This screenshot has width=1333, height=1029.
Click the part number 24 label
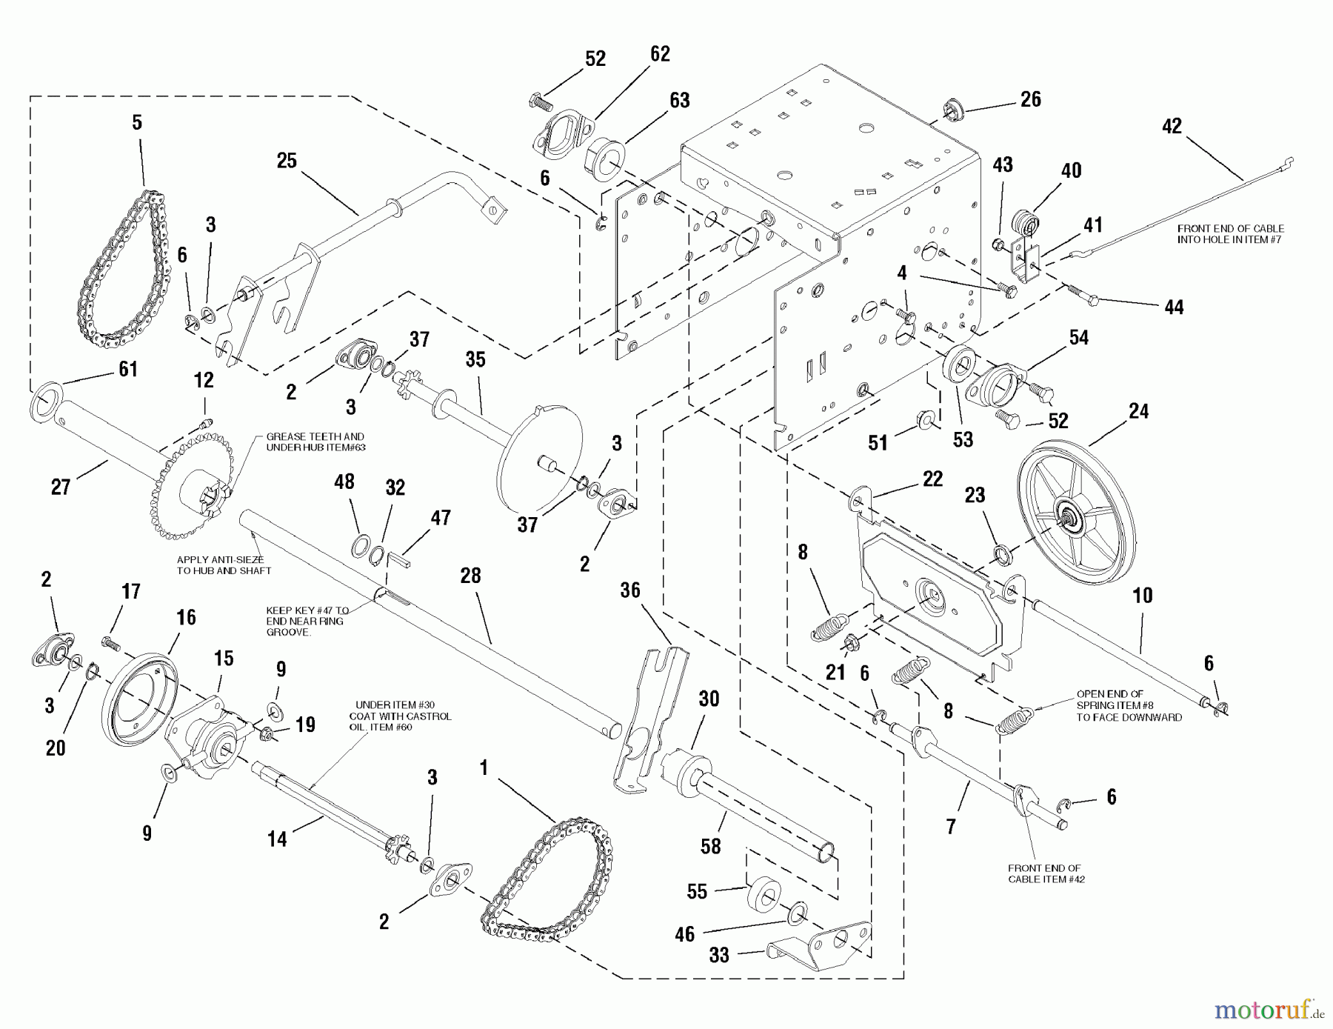1138,412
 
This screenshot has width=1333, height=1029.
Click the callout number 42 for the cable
1172,127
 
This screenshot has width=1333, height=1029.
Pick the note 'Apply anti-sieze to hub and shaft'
224,565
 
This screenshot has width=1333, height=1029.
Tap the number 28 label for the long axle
470,576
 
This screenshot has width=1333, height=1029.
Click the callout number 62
660,54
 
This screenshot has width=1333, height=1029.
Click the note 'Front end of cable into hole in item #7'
1230,234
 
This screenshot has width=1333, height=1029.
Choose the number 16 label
186,617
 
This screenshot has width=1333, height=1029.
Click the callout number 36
630,590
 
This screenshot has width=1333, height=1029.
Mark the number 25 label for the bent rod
287,161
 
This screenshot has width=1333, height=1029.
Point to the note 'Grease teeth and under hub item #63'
315,442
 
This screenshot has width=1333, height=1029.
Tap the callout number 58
710,846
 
